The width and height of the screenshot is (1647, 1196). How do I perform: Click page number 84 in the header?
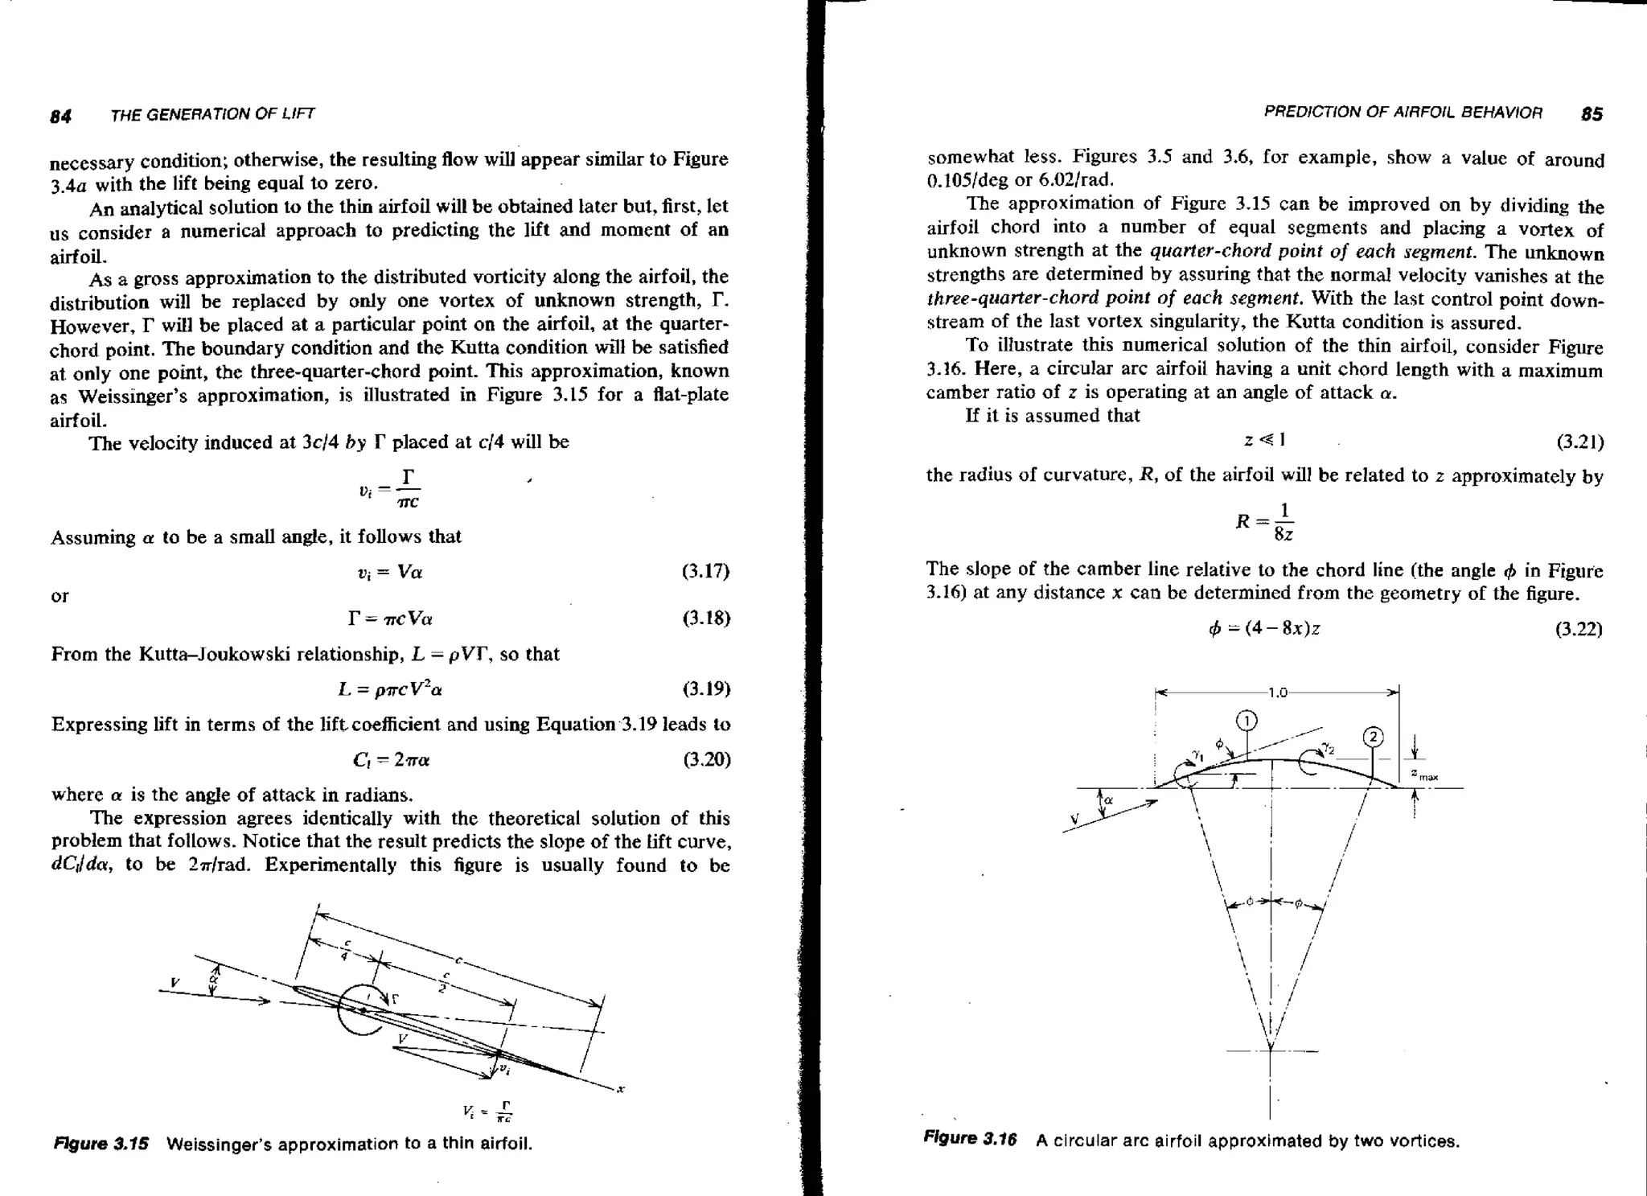pyautogui.click(x=60, y=116)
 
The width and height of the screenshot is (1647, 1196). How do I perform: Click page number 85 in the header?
pyautogui.click(x=1592, y=114)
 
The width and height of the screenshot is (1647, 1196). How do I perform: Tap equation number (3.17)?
pyautogui.click(x=705, y=572)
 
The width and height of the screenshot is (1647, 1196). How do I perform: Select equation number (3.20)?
pyautogui.click(x=706, y=760)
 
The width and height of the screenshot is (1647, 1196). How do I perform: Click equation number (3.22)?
pyautogui.click(x=1579, y=629)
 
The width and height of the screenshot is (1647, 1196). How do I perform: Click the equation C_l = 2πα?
pyautogui.click(x=391, y=760)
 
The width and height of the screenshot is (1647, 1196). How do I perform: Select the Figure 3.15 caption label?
pyautogui.click(x=101, y=1144)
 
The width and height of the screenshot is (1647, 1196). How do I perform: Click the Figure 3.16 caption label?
pyautogui.click(x=971, y=1139)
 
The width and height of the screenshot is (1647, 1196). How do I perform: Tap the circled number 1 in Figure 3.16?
pyautogui.click(x=1246, y=720)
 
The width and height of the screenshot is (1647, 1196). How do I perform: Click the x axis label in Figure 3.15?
pyautogui.click(x=620, y=1090)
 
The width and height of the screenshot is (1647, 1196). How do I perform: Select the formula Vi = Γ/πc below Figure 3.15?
pyautogui.click(x=487, y=1112)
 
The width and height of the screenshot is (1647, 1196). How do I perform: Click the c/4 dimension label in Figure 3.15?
pyautogui.click(x=345, y=950)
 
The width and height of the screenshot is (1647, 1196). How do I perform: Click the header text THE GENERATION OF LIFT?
pyautogui.click(x=212, y=115)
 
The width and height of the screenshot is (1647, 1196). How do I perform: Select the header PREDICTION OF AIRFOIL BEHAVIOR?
pyautogui.click(x=1403, y=113)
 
